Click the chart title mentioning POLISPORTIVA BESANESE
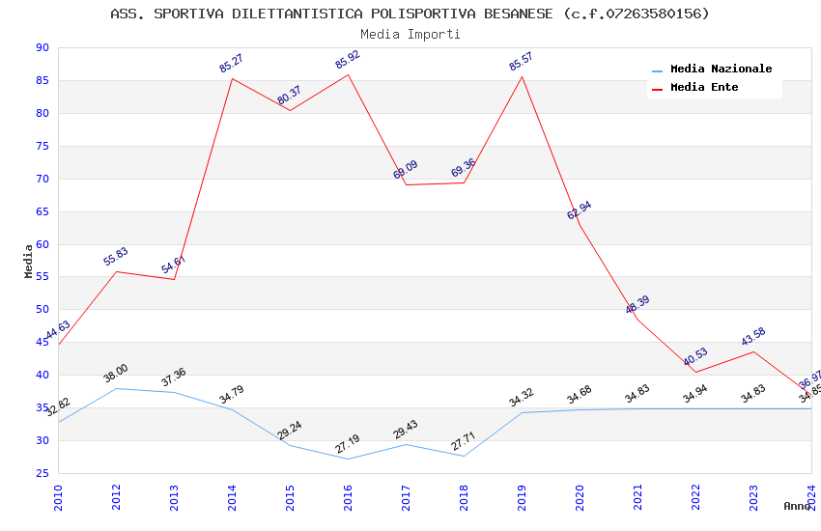[410, 14]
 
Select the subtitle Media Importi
[410, 34]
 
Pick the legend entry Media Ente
[704, 87]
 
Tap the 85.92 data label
[347, 60]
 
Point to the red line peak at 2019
[522, 76]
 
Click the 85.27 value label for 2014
[231, 64]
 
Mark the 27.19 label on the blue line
[347, 444]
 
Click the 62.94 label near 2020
[580, 210]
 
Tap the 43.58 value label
[752, 337]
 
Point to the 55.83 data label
[116, 257]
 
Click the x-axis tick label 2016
[349, 492]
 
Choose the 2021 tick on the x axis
[638, 492]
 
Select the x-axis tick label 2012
[117, 492]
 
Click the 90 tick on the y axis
[41, 47]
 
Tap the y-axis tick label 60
[41, 244]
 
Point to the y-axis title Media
[28, 261]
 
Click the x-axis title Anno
[797, 506]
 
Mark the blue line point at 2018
[464, 456]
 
